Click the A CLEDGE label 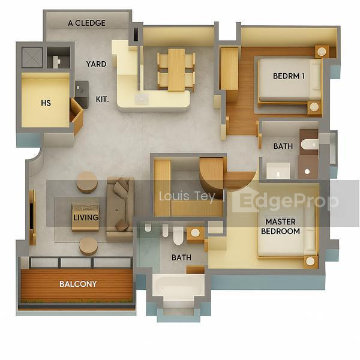click(x=86, y=23)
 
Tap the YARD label click(x=96, y=64)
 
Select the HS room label click(x=46, y=103)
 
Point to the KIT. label click(x=103, y=100)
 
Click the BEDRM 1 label click(x=289, y=76)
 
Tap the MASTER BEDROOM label click(x=280, y=227)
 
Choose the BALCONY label click(x=78, y=284)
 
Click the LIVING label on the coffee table click(x=86, y=217)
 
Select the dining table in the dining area click(x=176, y=70)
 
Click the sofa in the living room click(x=120, y=209)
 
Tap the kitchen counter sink click(x=142, y=99)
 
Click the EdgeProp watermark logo click(x=286, y=201)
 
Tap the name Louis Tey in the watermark click(x=187, y=197)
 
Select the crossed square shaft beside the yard click(x=32, y=58)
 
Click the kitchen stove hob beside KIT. click(x=82, y=95)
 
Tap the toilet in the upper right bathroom click(x=309, y=144)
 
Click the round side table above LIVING click(x=87, y=182)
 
